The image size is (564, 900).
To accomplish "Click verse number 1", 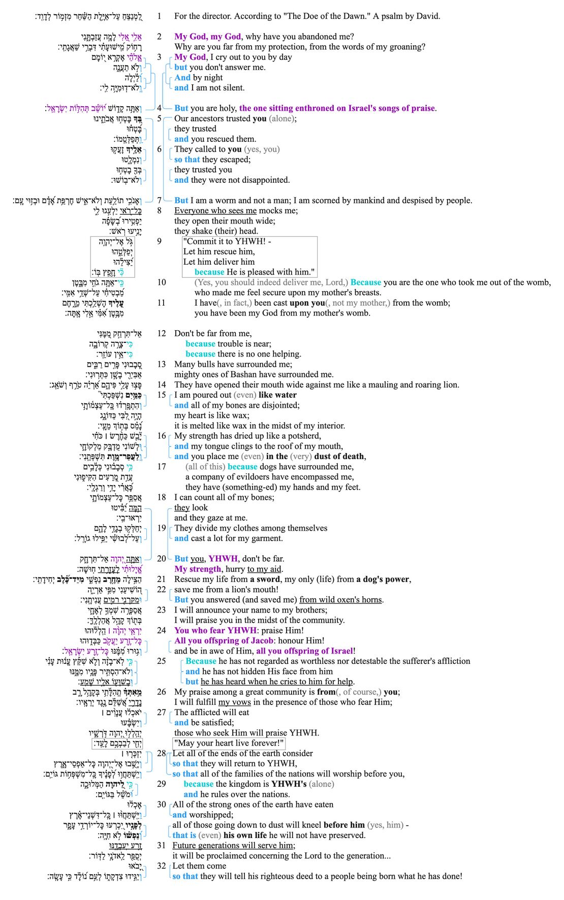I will tap(159, 16).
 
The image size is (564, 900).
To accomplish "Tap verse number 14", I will tap(162, 384).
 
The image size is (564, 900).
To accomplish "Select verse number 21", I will tap(162, 579).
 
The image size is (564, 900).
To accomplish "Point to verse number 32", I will tap(162, 865).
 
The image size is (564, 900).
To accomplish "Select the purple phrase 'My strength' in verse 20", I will tap(198, 569).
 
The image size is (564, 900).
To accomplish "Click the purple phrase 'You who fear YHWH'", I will tap(214, 630).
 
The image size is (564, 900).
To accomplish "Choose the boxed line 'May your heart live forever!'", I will tap(229, 743).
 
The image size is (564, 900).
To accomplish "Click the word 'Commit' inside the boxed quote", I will tap(201, 241).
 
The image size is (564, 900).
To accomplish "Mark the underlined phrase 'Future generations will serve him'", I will tap(233, 845).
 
